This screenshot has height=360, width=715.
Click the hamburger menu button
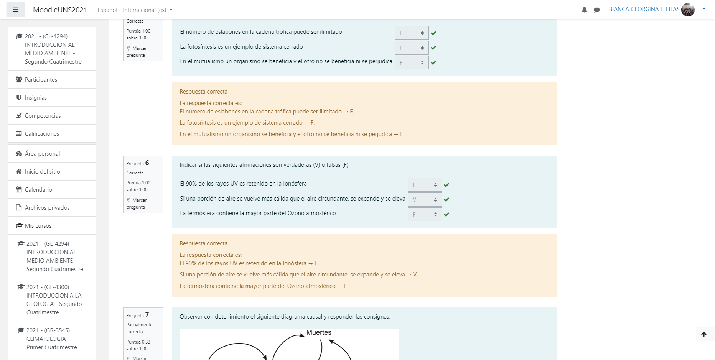tap(16, 10)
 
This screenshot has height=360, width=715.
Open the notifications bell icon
tap(584, 10)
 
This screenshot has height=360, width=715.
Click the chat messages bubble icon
tap(596, 10)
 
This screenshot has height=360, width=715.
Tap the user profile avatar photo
tap(688, 10)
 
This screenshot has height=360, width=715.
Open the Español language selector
tap(135, 10)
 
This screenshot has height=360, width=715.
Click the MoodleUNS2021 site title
tap(60, 10)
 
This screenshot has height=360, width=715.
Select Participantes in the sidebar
tap(41, 80)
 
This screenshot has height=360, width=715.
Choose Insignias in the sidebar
tap(36, 98)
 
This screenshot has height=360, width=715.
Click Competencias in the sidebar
tap(43, 116)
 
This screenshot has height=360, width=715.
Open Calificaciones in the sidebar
tap(42, 134)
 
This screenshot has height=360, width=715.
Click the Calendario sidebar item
tap(38, 190)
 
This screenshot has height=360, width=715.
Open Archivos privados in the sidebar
tap(47, 208)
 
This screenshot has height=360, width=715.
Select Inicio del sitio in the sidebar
tap(42, 172)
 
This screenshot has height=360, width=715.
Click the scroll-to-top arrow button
tap(704, 334)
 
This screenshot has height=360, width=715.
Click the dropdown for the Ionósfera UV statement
tap(424, 185)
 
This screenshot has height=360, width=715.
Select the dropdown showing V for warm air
tap(424, 200)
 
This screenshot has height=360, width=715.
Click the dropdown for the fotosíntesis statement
tap(411, 48)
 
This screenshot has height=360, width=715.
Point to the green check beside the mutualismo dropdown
tap(433, 62)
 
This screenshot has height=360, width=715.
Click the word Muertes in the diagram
tap(319, 332)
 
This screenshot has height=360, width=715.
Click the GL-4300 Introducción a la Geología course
tap(54, 299)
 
